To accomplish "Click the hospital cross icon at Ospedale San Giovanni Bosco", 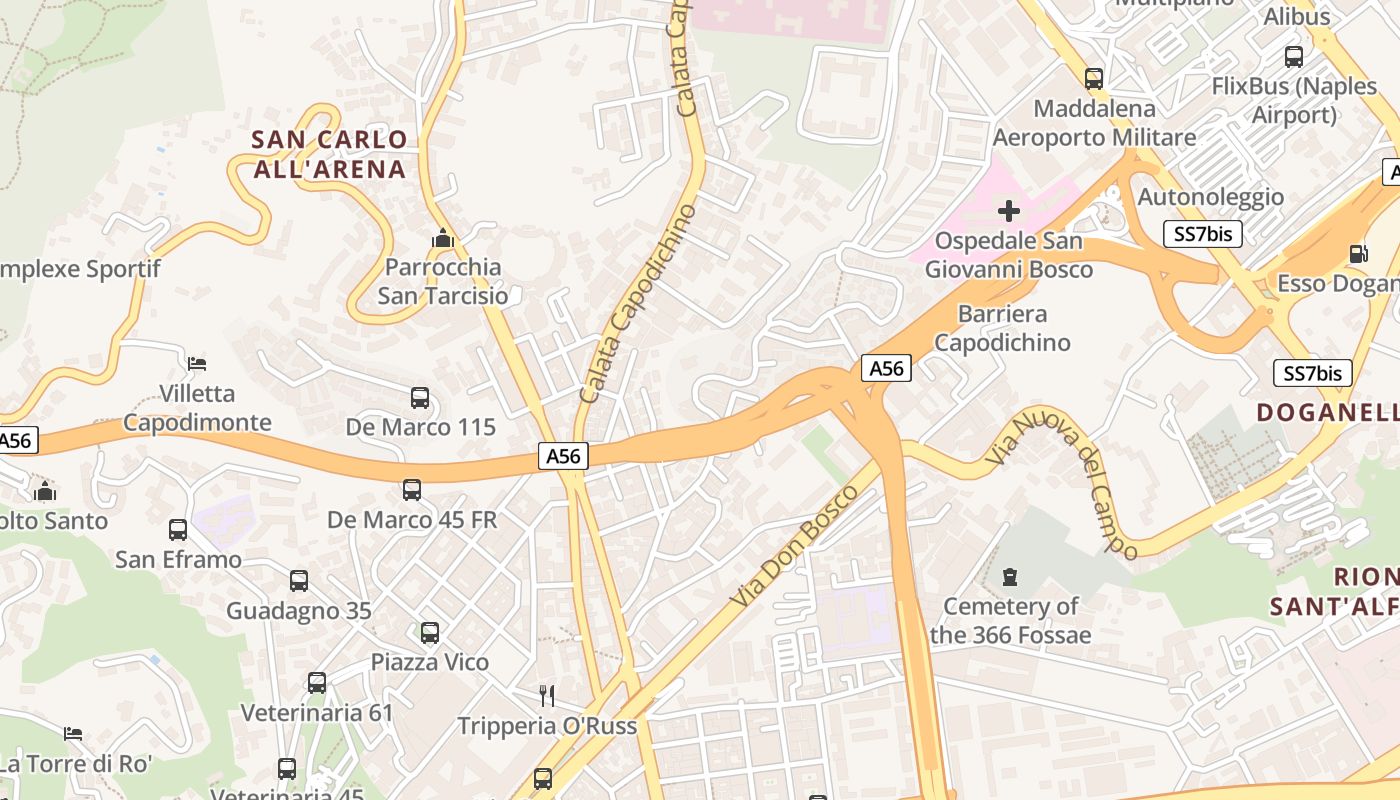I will coord(1009,210).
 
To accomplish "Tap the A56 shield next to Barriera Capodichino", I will coord(886,368).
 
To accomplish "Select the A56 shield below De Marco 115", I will coord(563,456).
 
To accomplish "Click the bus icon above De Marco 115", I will coord(420,398).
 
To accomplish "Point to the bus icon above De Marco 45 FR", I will coord(412,490).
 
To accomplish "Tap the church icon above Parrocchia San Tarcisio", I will coord(442,239).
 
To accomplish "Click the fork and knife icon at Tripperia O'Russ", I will coord(546,695).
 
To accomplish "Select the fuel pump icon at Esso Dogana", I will coord(1358,254).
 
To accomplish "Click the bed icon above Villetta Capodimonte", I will coord(197,363).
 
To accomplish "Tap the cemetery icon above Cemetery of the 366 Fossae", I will coord(1010,577).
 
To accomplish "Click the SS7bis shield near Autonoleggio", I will coord(1203,234).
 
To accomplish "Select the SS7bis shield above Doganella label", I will coord(1312,373).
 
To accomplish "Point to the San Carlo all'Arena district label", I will coord(329,154).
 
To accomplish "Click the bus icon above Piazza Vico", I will coord(430,633).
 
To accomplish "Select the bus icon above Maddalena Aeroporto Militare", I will coord(1094,79).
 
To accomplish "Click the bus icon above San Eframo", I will coord(178,530).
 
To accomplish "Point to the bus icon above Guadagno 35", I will coord(298,581).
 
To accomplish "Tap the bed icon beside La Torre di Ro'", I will coord(73,734).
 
